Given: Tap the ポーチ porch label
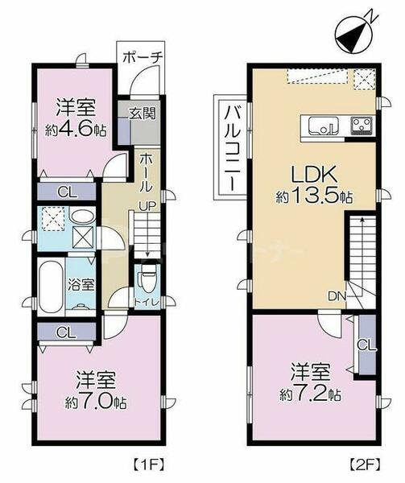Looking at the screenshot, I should (143, 57).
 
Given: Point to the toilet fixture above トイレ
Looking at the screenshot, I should (146, 282).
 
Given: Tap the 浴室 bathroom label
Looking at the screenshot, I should (82, 284).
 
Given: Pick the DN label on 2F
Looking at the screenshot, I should (336, 295).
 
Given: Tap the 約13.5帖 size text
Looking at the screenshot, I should (309, 196).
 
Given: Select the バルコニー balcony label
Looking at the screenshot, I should (229, 147).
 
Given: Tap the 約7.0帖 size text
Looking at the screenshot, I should (90, 401).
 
